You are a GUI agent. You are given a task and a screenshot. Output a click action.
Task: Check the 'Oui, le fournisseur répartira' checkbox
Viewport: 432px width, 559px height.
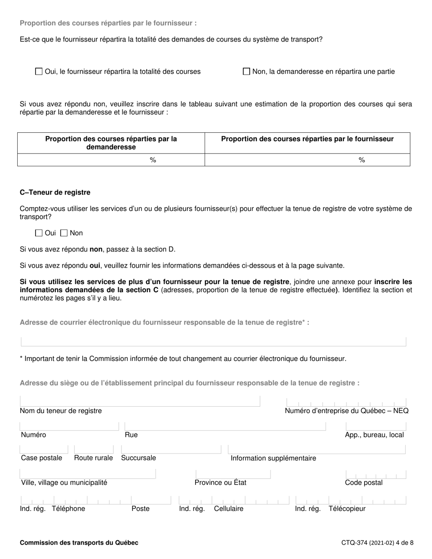coord(39,71)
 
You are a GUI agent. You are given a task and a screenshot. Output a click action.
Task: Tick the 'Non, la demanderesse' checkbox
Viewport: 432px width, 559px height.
coord(246,71)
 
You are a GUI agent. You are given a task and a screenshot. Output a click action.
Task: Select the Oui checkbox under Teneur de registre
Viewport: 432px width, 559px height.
coord(39,233)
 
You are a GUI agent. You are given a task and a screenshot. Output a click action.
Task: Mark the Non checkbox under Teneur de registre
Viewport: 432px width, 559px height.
coord(64,233)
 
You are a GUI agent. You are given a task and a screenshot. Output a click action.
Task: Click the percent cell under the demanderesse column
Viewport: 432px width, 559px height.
coord(111,160)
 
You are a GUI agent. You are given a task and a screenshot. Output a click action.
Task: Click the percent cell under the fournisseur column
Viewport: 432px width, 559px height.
coord(307,160)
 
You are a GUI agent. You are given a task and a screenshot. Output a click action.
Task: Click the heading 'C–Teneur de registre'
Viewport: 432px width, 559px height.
coord(55,192)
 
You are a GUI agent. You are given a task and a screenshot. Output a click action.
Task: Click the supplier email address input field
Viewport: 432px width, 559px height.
coord(213,342)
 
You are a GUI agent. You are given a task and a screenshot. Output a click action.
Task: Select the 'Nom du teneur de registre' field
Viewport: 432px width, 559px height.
coord(140,401)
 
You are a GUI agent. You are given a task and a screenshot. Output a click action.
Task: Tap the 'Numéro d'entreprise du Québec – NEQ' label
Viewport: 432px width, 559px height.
coord(347,411)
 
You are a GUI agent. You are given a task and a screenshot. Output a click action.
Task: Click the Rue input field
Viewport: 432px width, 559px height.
coord(225,426)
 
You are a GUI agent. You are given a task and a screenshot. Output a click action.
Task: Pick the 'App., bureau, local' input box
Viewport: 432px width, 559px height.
coord(376,426)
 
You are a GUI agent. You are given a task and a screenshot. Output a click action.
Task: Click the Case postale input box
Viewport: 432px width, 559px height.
coord(44,449)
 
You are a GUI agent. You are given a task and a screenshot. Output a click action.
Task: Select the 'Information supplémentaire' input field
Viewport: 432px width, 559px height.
coord(316,449)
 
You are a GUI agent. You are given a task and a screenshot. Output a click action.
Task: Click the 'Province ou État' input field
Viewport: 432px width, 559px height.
coord(233,474)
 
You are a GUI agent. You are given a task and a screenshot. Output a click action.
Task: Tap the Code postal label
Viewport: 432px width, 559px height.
coord(364,483)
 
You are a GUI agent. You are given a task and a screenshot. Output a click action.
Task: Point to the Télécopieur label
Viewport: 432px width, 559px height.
coord(347,509)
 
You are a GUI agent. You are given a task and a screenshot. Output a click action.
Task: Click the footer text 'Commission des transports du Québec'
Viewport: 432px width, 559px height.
coord(79,543)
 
